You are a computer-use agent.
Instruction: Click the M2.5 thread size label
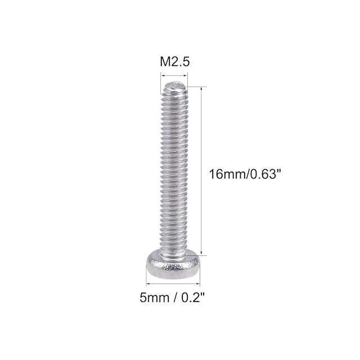click(x=175, y=62)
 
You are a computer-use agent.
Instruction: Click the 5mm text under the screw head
click(x=154, y=298)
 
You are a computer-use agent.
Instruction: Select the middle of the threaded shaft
click(x=174, y=170)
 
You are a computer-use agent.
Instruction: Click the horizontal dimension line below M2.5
click(x=174, y=75)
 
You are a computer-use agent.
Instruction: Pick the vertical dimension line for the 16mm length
click(x=201, y=171)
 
